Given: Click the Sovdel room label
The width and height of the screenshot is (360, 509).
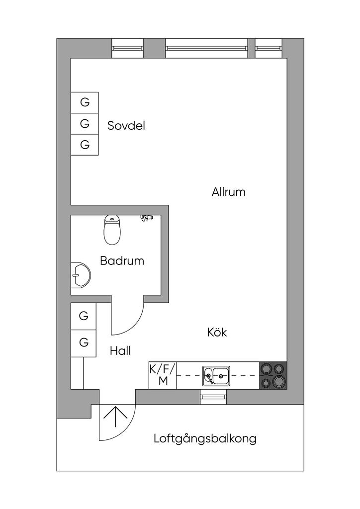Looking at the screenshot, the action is pyautogui.click(x=126, y=125).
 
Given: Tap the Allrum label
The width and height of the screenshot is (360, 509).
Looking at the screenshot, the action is pyautogui.click(x=229, y=192).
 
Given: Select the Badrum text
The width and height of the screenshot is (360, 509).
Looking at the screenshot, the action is pyautogui.click(x=122, y=260).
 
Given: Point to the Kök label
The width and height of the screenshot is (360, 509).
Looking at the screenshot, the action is pyautogui.click(x=217, y=332).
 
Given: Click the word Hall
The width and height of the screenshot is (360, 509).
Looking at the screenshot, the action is pyautogui.click(x=120, y=350).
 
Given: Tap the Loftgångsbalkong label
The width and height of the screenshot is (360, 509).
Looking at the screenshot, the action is pyautogui.click(x=205, y=438).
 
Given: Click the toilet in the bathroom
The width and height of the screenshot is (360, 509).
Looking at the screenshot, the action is pyautogui.click(x=112, y=230).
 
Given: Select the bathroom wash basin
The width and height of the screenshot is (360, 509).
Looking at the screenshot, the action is pyautogui.click(x=80, y=275).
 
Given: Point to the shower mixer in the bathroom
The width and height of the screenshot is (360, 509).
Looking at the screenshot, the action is pyautogui.click(x=146, y=218).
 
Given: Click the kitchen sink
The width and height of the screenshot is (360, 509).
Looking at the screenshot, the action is pyautogui.click(x=216, y=376).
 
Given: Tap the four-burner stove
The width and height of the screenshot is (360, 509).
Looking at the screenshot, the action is pyautogui.click(x=273, y=375).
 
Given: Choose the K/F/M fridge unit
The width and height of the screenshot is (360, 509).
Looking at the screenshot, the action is pyautogui.click(x=163, y=375).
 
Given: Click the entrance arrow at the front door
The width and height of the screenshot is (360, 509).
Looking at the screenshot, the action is pyautogui.click(x=115, y=417).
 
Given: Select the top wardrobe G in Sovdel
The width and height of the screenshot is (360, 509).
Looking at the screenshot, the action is pyautogui.click(x=85, y=102).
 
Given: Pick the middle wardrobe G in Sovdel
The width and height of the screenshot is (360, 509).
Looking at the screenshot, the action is pyautogui.click(x=85, y=123).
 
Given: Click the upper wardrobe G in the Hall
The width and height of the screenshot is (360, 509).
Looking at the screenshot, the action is pyautogui.click(x=84, y=316).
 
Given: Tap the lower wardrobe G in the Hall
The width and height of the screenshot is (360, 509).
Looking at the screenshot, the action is pyautogui.click(x=84, y=343).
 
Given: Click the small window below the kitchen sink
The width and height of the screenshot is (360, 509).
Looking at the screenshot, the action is pyautogui.click(x=213, y=397).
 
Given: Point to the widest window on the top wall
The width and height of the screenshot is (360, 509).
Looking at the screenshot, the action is pyautogui.click(x=206, y=48).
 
